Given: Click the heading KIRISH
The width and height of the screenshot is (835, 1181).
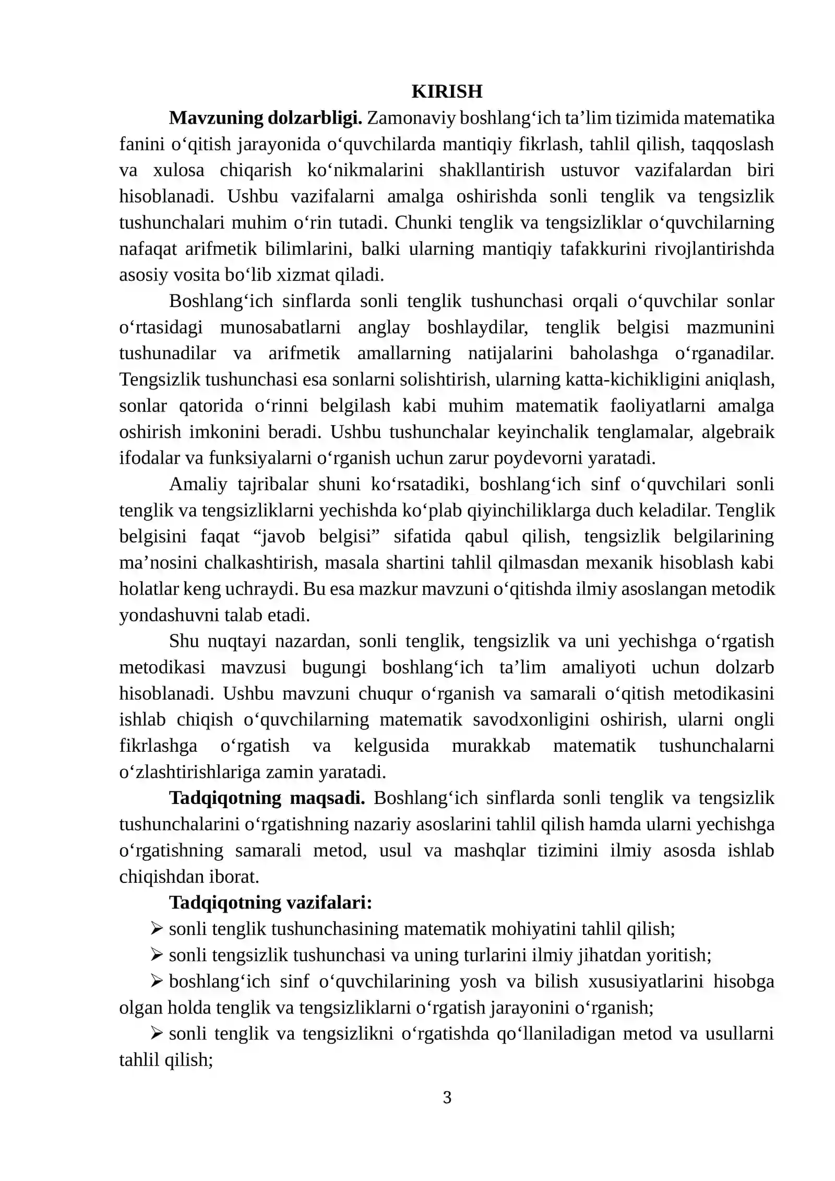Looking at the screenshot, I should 447,91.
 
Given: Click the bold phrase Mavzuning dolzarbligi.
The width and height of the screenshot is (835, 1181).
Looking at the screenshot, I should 265,118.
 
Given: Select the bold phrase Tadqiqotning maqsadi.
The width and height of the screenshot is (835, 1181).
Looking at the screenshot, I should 267,798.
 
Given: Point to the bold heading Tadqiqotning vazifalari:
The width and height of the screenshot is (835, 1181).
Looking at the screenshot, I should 270,902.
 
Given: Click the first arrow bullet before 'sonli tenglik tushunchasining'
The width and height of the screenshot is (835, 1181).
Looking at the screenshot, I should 157,928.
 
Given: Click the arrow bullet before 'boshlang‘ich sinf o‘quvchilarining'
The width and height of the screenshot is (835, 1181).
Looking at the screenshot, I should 157,981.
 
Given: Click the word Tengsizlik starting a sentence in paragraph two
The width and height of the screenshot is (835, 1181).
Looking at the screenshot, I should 159,380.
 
